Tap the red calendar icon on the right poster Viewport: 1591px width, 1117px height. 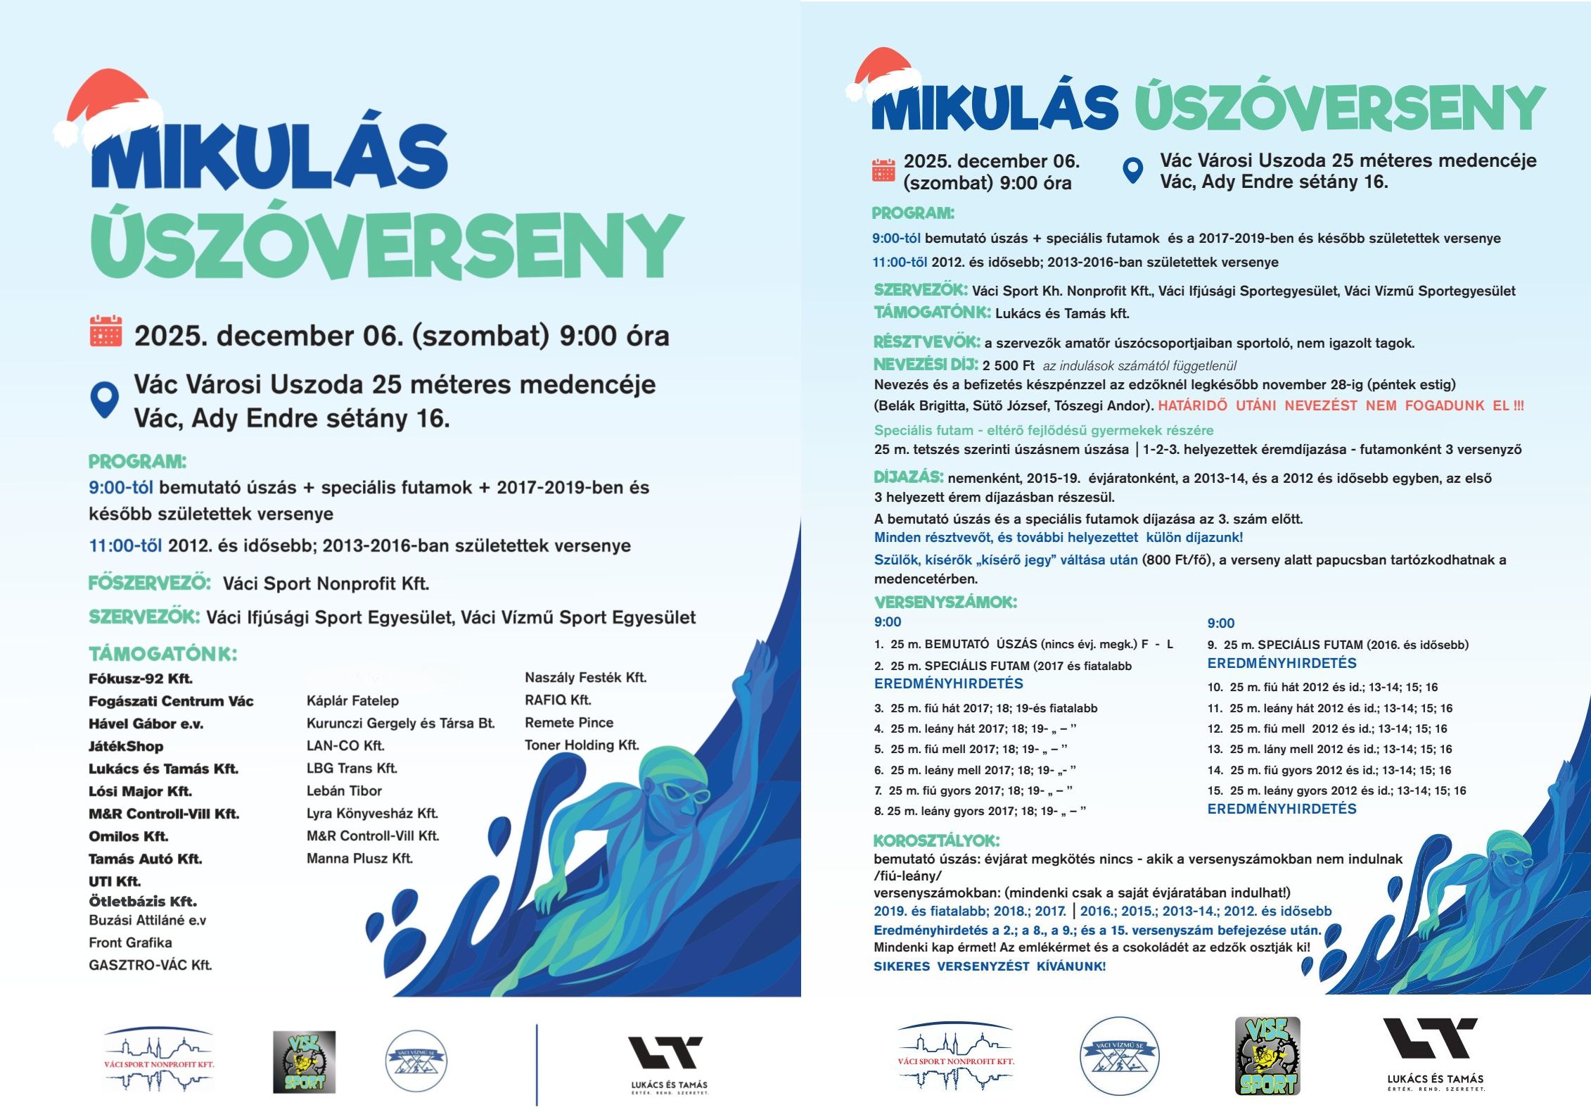tap(883, 170)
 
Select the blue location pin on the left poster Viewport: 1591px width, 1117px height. tap(104, 399)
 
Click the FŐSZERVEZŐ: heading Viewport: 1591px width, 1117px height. tap(149, 583)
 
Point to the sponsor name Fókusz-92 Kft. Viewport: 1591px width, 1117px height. tap(141, 679)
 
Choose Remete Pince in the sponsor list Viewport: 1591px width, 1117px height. tap(569, 723)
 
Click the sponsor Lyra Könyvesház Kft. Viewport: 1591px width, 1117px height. tap(372, 814)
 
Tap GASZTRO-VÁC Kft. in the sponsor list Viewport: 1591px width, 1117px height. tap(150, 965)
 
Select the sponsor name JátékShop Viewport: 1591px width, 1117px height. tap(126, 746)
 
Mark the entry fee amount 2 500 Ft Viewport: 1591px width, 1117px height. tap(1008, 365)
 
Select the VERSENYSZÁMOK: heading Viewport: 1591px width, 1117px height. tap(945, 602)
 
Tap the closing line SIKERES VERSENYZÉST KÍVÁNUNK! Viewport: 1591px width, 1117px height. tap(989, 966)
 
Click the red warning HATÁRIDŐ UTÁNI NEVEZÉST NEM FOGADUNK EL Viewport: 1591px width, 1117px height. tap(1340, 405)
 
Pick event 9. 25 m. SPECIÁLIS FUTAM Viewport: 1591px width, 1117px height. tap(1337, 645)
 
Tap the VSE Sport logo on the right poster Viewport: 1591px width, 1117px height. tap(1267, 1056)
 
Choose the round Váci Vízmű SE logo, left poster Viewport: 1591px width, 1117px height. tap(416, 1061)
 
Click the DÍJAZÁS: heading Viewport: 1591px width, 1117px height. tap(908, 477)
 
